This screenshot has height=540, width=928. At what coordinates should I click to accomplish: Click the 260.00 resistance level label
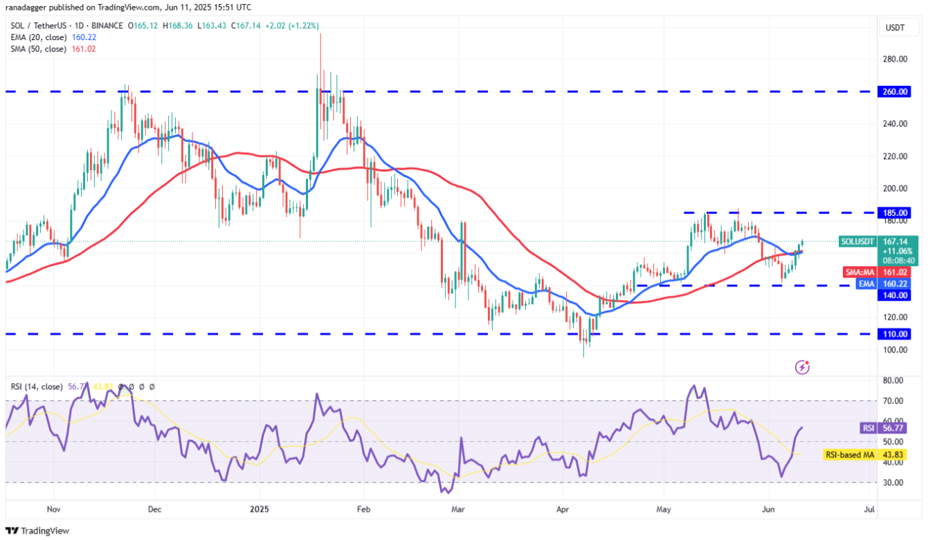point(895,91)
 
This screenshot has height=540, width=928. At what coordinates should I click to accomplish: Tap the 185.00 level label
point(895,213)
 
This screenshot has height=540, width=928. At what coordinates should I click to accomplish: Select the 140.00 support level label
point(895,295)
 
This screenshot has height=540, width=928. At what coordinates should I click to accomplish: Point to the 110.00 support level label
point(895,333)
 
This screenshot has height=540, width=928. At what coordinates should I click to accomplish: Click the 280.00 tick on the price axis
point(895,59)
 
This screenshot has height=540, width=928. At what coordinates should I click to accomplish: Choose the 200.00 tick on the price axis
point(895,188)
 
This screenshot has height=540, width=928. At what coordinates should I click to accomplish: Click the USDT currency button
point(895,28)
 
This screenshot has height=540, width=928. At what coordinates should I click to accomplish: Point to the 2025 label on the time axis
point(260,510)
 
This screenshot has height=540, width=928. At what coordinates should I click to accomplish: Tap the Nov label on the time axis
point(53,510)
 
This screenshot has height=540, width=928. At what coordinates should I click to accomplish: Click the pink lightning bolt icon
point(802,367)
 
